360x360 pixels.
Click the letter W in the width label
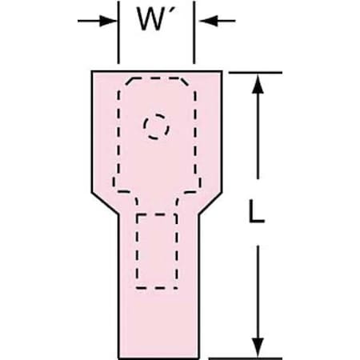pyautogui.click(x=150, y=19)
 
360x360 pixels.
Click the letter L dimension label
pyautogui.click(x=256, y=211)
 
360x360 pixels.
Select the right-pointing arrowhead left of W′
pyautogui.click(x=108, y=21)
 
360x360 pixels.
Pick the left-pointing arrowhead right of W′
pyautogui.click(x=209, y=21)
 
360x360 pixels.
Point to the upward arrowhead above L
pyautogui.click(x=258, y=84)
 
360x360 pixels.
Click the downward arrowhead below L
pyautogui.click(x=258, y=347)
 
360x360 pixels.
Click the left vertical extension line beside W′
pyautogui.click(x=118, y=33)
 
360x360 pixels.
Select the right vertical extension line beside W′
pyautogui.click(x=194, y=33)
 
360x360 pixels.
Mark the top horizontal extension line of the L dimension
pyautogui.click(x=255, y=72)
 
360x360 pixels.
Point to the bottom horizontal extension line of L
pyautogui.click(x=246, y=358)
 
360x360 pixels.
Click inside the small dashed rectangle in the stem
pyautogui.click(x=157, y=250)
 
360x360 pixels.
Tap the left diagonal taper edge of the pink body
pyautogui.click(x=105, y=203)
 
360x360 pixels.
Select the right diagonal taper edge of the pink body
pyautogui.click(x=210, y=203)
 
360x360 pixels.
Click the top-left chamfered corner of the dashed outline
pyautogui.click(x=130, y=82)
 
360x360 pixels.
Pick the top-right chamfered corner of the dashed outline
pyautogui.click(x=184, y=82)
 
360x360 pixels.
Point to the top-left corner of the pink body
pyautogui.click(x=92, y=71)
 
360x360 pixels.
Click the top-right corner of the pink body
pyautogui.click(x=222, y=71)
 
